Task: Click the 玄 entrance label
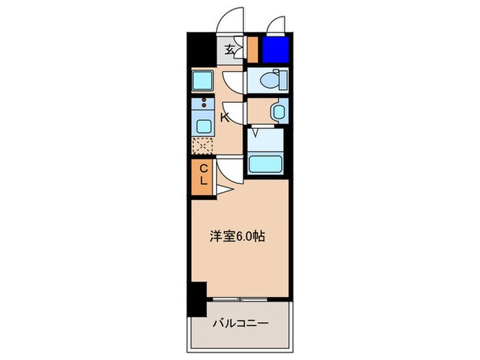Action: click(x=229, y=49)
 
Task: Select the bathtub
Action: click(x=264, y=164)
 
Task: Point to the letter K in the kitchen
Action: click(x=224, y=117)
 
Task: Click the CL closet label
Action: click(x=204, y=174)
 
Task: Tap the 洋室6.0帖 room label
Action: click(x=237, y=237)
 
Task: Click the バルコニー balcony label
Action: click(x=240, y=322)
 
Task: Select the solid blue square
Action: click(x=276, y=49)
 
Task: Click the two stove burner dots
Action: click(x=204, y=104)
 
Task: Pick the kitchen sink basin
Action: click(x=204, y=125)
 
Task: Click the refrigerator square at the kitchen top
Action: click(x=204, y=82)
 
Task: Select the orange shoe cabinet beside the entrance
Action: click(x=252, y=49)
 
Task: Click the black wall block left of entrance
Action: click(x=200, y=49)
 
